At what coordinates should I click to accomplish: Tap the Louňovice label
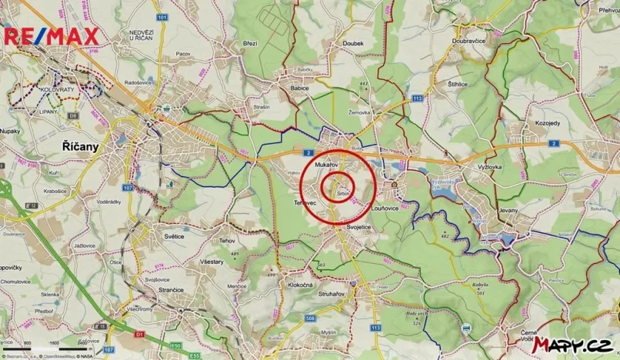click(x=383, y=208)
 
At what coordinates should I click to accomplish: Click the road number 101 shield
click(x=160, y=16)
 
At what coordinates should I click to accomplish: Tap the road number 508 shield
click(x=310, y=318)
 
